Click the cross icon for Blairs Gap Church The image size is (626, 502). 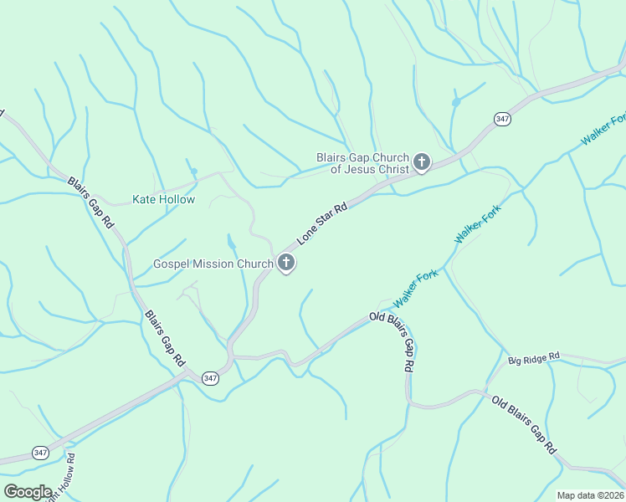(x=422, y=162)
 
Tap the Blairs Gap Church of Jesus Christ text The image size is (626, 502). (x=362, y=163)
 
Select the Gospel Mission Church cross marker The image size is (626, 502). (x=286, y=264)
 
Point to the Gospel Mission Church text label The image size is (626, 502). (x=213, y=264)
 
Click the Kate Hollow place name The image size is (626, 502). (x=164, y=200)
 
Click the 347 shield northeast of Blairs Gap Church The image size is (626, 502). (x=502, y=120)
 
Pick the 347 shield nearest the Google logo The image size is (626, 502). (x=40, y=453)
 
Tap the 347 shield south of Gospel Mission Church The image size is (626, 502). (x=210, y=378)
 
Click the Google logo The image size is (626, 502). (x=28, y=491)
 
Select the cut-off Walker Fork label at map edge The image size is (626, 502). (x=603, y=130)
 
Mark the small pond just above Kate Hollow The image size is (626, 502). (x=193, y=172)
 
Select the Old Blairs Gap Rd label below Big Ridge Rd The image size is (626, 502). (x=524, y=424)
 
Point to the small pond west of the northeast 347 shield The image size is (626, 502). (x=456, y=102)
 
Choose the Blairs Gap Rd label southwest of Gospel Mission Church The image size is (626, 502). (x=165, y=339)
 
